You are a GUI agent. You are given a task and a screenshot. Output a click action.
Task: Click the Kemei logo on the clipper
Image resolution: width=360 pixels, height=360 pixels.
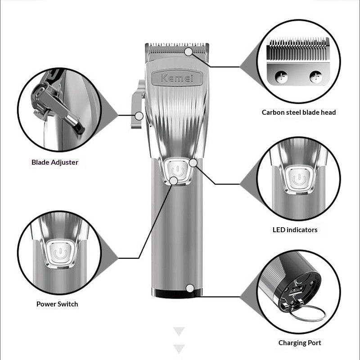coord(177,78)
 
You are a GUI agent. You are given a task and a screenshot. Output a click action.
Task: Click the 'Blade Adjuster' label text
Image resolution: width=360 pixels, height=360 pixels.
coord(55,162)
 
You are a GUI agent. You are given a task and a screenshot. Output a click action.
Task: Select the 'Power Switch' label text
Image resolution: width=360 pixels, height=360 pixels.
coord(57,304)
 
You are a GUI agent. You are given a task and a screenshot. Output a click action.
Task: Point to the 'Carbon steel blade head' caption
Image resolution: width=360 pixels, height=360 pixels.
coord(299,112)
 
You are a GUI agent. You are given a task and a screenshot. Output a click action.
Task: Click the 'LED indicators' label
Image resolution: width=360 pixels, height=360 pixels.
coord(295,230)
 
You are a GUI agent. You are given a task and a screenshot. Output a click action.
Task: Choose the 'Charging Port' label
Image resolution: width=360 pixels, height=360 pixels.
coord(300,343)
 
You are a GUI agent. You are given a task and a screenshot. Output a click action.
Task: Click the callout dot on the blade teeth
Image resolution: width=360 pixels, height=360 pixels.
coord(189,52)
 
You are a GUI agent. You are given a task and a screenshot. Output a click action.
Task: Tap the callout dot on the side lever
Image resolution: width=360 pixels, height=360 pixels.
coord(139,116)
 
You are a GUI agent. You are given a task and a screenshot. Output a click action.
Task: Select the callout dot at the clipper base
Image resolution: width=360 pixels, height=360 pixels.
coord(190,288)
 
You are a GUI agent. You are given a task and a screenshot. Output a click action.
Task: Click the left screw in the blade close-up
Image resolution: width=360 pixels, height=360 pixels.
coord(281,76)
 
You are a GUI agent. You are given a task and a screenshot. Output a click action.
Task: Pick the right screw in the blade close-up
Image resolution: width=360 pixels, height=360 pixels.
coord(316,76)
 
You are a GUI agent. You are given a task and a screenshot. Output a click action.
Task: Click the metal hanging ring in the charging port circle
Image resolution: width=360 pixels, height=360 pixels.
coord(307,313)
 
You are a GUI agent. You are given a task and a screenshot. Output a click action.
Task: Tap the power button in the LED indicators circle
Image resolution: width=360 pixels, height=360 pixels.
coord(299,179)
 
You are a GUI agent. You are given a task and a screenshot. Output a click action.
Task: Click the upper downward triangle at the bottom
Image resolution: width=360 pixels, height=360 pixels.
coord(179,331)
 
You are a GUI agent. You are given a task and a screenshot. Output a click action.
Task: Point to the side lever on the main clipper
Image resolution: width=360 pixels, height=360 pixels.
coord(138,104)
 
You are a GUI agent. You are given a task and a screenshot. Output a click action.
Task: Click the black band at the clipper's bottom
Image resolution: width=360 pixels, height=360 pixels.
coord(177,293)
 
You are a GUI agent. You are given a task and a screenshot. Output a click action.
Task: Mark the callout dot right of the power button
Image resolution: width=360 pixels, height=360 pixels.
coord(193,163)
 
